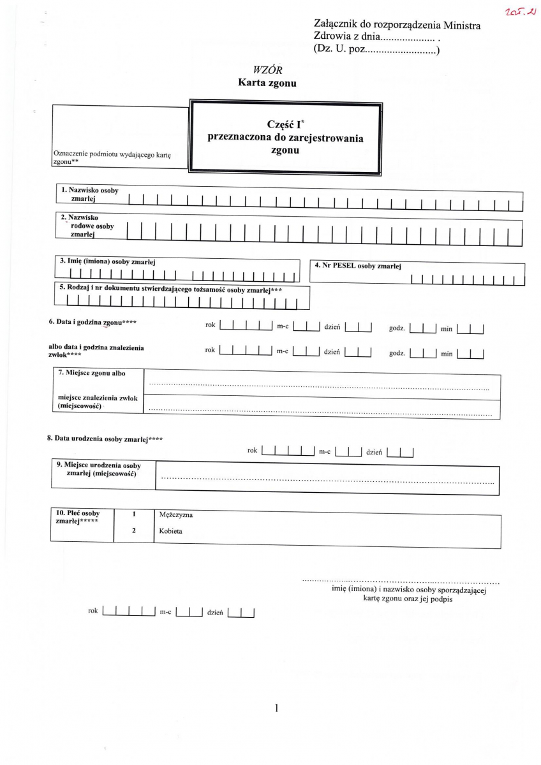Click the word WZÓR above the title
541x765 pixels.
tap(267, 69)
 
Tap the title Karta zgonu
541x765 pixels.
tap(267, 82)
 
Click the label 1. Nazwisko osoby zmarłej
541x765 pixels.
tap(90, 194)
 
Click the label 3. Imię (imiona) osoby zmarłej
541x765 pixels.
tap(108, 261)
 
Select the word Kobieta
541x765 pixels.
tap(171, 530)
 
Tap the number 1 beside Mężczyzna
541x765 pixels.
tap(134, 514)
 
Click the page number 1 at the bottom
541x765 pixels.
tap(276, 708)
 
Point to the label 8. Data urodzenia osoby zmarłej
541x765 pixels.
tap(104, 439)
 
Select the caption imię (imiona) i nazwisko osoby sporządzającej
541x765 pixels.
tap(405, 590)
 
